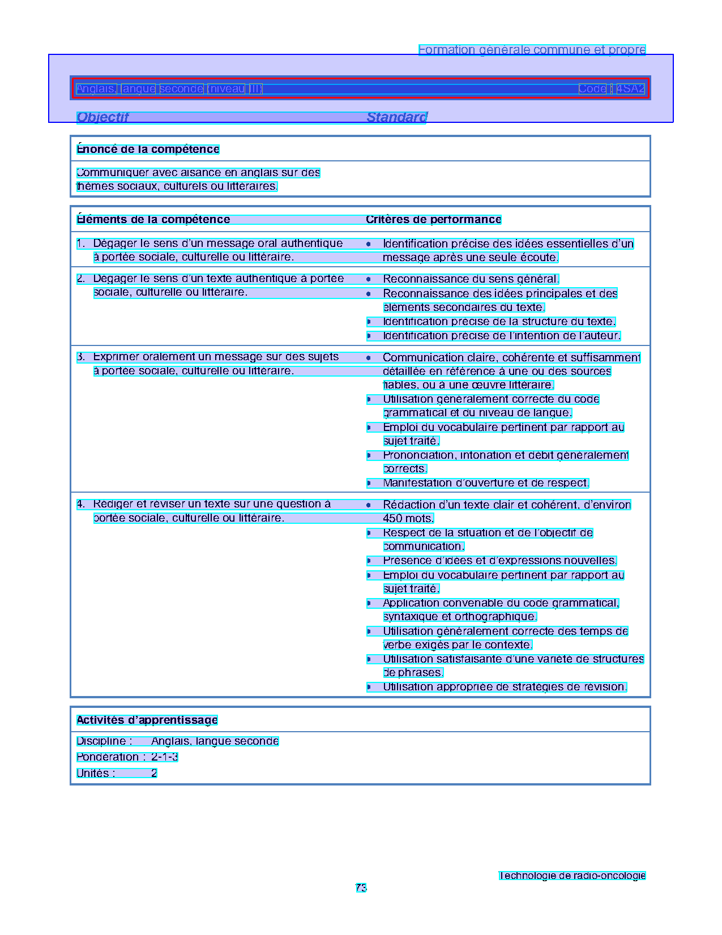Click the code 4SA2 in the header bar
coord(630,89)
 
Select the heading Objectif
coord(102,117)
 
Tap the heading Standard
coord(396,117)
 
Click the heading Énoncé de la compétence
coord(148,150)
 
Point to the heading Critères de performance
coord(433,220)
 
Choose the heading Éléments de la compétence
coord(153,220)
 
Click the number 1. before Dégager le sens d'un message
coord(81,244)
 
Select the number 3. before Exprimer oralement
coord(81,357)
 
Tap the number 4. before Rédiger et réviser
coord(81,504)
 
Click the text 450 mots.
coord(408,518)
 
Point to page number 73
coord(361,888)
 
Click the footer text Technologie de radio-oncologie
coord(572,876)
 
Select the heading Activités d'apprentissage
coord(147,720)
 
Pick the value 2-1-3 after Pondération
coord(164,757)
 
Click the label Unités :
coord(96,774)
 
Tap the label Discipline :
coord(104,741)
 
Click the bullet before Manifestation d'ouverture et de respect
coord(369,483)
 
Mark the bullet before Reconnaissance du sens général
coord(369,279)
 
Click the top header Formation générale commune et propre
coord(532,50)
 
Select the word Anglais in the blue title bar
coord(96,89)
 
